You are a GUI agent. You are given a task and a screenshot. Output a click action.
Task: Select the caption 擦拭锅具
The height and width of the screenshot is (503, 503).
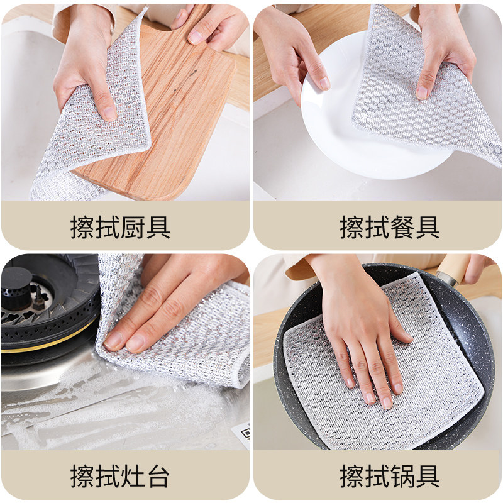(390, 476)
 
